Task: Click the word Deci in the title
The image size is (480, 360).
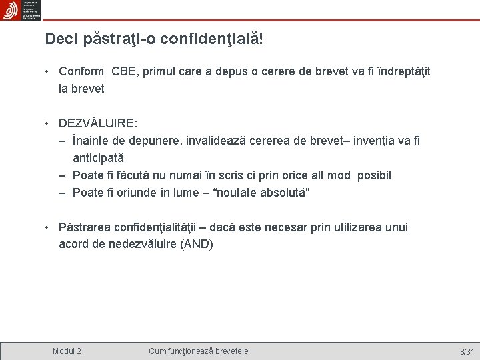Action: [61, 39]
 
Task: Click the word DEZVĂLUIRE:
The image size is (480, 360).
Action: [98, 123]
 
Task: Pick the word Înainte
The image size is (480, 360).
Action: [92, 141]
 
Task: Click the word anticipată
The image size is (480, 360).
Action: [98, 158]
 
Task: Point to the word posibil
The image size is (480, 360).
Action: [374, 175]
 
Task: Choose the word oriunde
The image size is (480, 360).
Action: [138, 193]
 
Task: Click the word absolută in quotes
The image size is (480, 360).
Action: [282, 193]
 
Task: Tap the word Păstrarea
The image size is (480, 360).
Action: [85, 227]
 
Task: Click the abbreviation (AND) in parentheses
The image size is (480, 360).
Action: [197, 244]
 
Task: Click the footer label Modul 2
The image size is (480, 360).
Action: [67, 351]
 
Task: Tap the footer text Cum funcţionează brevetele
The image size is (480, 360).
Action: [199, 351]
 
